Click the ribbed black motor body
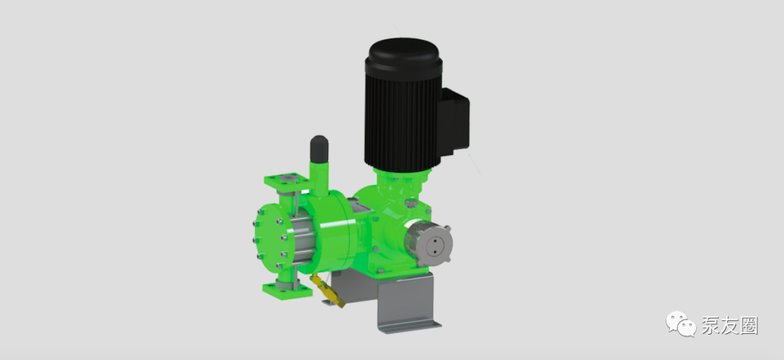[403, 120]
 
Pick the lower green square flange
[287, 290]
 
